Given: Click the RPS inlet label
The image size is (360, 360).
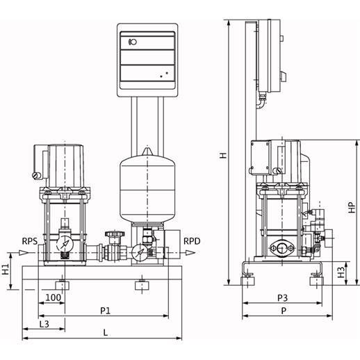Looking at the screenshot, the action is point(30,241).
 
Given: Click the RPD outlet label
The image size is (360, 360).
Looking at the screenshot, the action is point(192,241).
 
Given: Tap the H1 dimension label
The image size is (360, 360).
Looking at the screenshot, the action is point(6,269).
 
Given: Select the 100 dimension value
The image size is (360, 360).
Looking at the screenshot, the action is point(53,297).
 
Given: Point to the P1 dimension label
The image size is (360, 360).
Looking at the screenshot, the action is point(106,311).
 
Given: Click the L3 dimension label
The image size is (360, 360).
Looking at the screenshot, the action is point(44,324).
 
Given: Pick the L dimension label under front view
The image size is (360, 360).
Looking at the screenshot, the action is point(106,333).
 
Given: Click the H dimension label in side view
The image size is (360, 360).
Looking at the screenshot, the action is point(223,155).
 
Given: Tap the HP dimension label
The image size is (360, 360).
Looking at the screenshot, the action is point(352,207).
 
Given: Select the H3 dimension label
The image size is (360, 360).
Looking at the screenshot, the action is point(341,272).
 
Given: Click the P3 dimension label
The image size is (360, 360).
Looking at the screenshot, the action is point(282,298).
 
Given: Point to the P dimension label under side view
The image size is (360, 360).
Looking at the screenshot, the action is point(284,311).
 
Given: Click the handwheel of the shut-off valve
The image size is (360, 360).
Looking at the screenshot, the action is point(115,234).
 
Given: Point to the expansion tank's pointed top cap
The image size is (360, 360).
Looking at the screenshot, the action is point(147,152).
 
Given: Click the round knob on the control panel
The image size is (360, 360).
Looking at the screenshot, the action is point(133,42).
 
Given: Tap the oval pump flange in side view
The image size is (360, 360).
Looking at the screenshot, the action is point(281,249).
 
